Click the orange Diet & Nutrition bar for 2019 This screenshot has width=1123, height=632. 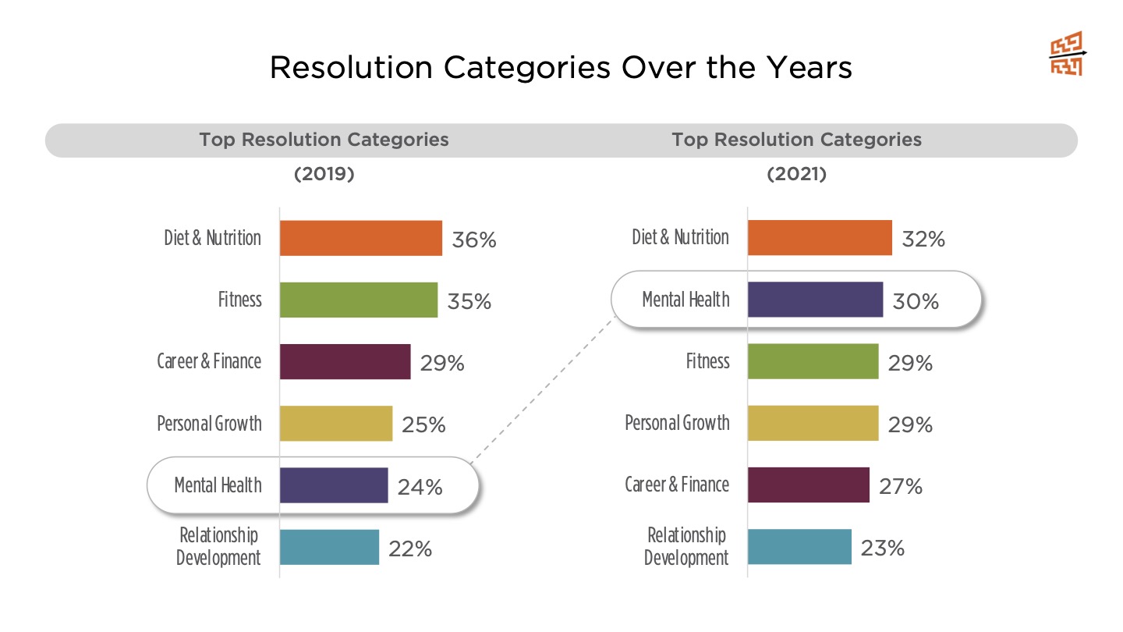tap(361, 238)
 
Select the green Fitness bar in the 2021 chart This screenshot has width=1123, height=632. tap(813, 361)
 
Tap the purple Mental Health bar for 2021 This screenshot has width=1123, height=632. tap(815, 300)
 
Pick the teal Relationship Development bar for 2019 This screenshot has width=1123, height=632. tap(329, 547)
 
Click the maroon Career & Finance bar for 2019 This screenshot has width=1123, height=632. tap(345, 362)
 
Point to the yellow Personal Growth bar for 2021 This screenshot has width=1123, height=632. tap(813, 424)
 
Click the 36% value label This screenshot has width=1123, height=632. tap(474, 240)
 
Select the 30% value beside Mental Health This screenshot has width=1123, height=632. tap(916, 301)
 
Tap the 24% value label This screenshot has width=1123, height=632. tap(420, 487)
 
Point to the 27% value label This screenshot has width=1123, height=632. tap(901, 486)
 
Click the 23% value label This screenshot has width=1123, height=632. tap(883, 548)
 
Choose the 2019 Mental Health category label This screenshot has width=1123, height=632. tap(218, 485)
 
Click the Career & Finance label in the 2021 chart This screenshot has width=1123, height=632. tap(677, 485)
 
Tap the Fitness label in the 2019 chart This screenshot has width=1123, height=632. tap(240, 300)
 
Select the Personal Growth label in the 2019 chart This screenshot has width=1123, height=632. tap(210, 424)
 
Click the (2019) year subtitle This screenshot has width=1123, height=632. tap(324, 174)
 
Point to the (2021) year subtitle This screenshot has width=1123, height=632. tap(797, 174)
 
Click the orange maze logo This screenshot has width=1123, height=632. tap(1068, 54)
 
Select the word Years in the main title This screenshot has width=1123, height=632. tap(809, 67)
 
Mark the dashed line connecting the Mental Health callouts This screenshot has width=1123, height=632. tap(544, 388)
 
